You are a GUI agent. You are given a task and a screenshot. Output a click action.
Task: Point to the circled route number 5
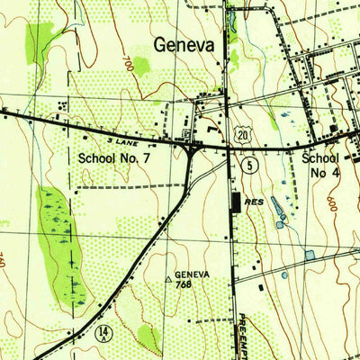pos(248,164)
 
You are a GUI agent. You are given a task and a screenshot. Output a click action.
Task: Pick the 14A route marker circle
pos(106,335)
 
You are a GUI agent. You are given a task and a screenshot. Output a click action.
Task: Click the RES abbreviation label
pos(256,203)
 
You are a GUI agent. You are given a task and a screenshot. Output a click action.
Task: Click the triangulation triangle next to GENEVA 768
pos(167,280)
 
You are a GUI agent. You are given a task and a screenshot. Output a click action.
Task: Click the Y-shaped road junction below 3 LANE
pos(192,153)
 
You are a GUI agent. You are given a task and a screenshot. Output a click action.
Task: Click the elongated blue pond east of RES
pos(277,212)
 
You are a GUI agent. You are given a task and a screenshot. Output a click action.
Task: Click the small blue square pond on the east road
pos(310,256)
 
